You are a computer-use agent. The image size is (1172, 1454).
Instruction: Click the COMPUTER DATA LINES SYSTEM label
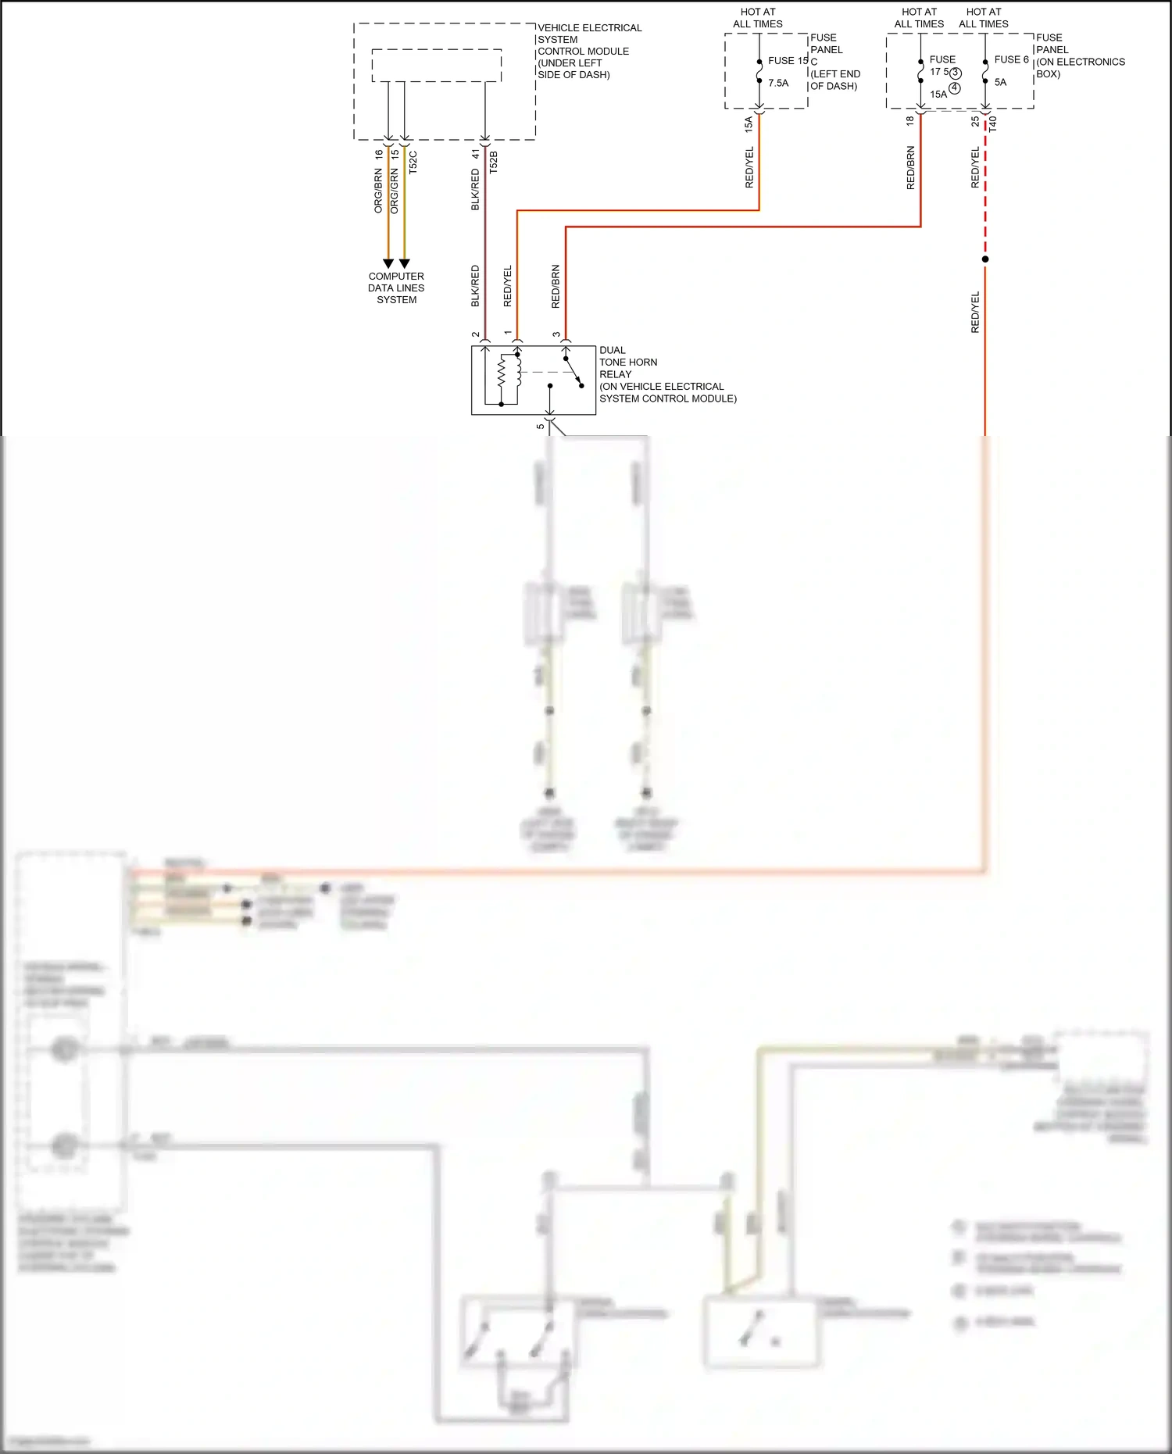pyautogui.click(x=396, y=288)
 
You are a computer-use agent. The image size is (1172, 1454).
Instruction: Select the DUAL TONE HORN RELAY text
pyautogui.click(x=628, y=362)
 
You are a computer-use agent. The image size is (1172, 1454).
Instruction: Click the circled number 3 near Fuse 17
pyautogui.click(x=956, y=73)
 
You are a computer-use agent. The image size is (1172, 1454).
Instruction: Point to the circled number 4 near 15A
pyautogui.click(x=954, y=88)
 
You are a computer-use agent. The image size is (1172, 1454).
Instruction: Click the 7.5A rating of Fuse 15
pyautogui.click(x=778, y=83)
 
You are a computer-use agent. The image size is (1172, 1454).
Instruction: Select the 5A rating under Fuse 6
pyautogui.click(x=1000, y=82)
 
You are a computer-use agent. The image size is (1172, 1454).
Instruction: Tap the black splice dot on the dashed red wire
pyautogui.click(x=985, y=259)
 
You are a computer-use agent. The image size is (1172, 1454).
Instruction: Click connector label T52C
pyautogui.click(x=413, y=162)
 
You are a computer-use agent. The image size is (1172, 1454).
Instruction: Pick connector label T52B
pyautogui.click(x=493, y=162)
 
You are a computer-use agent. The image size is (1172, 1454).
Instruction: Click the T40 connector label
pyautogui.click(x=992, y=123)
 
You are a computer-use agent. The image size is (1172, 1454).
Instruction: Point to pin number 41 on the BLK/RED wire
pyautogui.click(x=475, y=154)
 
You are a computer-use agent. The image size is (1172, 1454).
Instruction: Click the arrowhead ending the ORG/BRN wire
pyautogui.click(x=388, y=263)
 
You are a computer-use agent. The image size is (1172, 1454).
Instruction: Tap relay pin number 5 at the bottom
pyautogui.click(x=540, y=426)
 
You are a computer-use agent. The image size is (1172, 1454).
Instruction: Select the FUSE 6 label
pyautogui.click(x=1011, y=59)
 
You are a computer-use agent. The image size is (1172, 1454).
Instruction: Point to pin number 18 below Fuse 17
pyautogui.click(x=909, y=121)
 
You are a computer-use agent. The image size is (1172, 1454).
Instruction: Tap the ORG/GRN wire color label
pyautogui.click(x=395, y=191)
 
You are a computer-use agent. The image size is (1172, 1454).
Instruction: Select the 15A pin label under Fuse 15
pyautogui.click(x=749, y=123)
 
